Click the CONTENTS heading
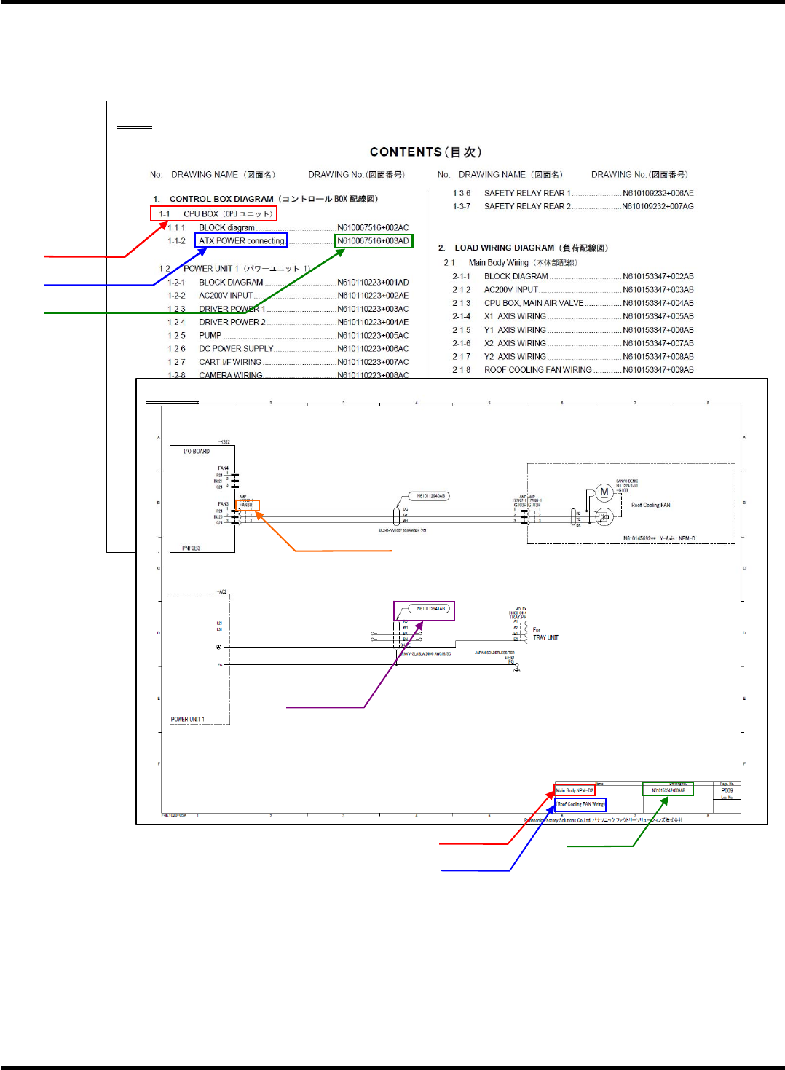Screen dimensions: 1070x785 (425, 152)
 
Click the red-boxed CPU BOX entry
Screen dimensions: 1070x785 (213, 214)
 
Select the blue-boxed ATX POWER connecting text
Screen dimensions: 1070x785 (241, 241)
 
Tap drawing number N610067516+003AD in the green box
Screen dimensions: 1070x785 (373, 241)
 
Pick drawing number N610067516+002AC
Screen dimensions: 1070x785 (373, 228)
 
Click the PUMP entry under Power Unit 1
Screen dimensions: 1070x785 (210, 336)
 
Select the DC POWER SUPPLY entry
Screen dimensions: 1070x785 (236, 349)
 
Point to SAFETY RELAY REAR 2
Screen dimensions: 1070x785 (527, 207)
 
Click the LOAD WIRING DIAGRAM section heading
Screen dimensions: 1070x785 (531, 248)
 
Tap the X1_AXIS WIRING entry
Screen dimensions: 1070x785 (515, 317)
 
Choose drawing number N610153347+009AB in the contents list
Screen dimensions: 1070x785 (658, 370)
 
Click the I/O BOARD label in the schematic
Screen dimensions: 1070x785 (197, 452)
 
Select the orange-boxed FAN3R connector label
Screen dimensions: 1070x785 (247, 505)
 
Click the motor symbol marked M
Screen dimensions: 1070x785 (604, 492)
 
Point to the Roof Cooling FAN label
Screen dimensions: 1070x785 (650, 505)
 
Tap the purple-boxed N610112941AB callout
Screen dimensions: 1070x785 (430, 609)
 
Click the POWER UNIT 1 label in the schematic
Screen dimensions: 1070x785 (187, 720)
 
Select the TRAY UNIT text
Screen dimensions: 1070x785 (545, 637)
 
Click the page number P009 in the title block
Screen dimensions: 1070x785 (727, 790)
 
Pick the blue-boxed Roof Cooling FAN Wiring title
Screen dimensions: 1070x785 (580, 804)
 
